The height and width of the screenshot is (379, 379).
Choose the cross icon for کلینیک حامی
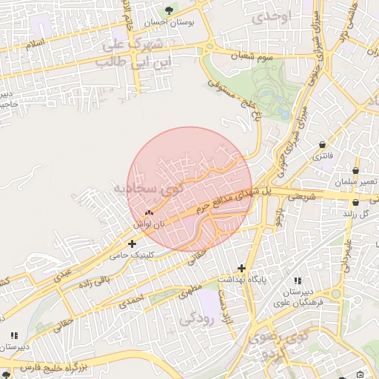point(132,243)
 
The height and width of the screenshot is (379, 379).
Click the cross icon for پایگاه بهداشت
point(241,267)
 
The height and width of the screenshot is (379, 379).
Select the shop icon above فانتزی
point(323,144)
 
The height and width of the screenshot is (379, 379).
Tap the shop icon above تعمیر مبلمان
point(355,170)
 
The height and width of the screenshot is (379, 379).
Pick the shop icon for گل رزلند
point(356,202)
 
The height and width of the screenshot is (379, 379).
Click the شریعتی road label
point(302,198)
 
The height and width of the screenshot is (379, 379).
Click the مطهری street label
point(189,289)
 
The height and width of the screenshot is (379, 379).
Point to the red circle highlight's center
point(190,189)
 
